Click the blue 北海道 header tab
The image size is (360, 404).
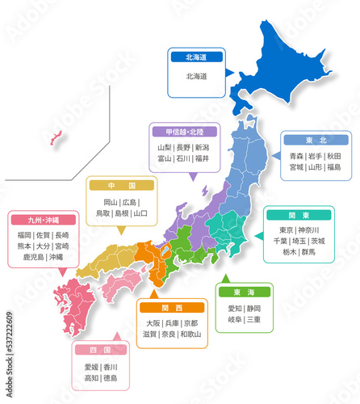click(196, 57)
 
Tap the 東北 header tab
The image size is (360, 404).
click(316, 140)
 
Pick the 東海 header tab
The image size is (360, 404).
click(245, 292)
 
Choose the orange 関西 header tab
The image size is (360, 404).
click(172, 307)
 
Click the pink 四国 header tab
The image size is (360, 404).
click(100, 350)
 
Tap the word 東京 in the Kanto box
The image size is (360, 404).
click(287, 229)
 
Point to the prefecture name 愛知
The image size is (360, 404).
click(235, 308)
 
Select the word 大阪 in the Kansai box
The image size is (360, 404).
click(153, 322)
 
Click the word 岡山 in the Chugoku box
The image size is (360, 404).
click(111, 201)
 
